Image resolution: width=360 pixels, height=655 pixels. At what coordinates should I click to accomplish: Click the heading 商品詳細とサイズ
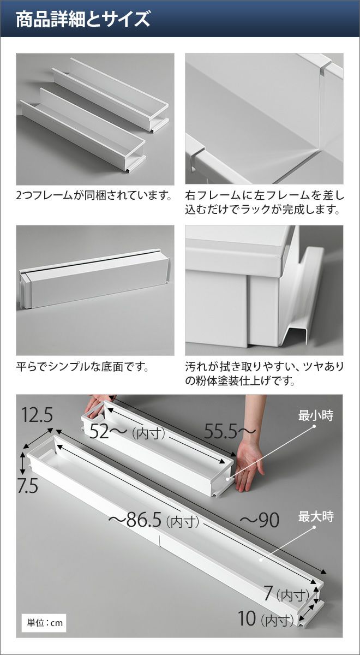83,19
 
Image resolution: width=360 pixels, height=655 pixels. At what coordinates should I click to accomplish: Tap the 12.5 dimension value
37,415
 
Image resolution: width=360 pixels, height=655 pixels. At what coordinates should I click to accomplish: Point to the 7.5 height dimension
28,486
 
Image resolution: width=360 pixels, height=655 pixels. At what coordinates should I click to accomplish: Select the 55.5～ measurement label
230,431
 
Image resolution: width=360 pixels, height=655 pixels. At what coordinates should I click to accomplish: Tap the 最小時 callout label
316,415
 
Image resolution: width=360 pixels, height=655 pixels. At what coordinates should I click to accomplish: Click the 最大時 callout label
316,517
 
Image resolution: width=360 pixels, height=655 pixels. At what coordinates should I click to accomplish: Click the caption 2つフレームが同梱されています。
93,195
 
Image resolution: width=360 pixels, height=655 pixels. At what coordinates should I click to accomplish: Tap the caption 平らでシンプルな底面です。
82,366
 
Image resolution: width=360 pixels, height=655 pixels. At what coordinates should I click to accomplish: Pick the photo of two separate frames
95,119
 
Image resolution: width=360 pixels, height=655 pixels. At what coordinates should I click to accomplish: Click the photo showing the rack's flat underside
95,290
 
